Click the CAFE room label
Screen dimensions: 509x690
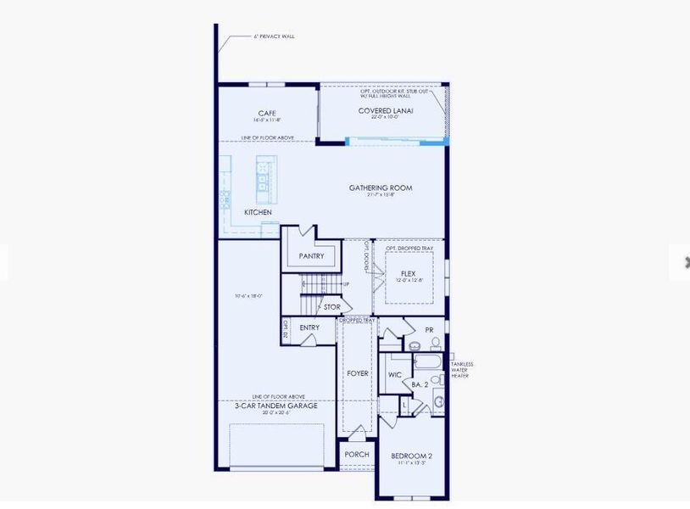267,113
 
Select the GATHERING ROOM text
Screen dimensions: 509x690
381,187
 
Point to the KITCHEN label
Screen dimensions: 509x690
258,212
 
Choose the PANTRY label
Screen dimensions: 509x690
311,255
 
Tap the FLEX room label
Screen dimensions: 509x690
408,274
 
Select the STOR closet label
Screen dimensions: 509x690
331,307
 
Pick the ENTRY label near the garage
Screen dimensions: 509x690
309,327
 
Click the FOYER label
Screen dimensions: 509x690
358,372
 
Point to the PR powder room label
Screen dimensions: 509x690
429,329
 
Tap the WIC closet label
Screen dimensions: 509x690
394,374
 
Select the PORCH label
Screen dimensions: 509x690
357,455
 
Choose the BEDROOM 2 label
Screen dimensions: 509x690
411,456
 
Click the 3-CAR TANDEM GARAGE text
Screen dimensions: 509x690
276,406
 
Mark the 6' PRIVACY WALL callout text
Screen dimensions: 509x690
275,36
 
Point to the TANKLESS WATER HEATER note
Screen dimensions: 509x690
462,370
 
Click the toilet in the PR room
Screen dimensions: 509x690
435,343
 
